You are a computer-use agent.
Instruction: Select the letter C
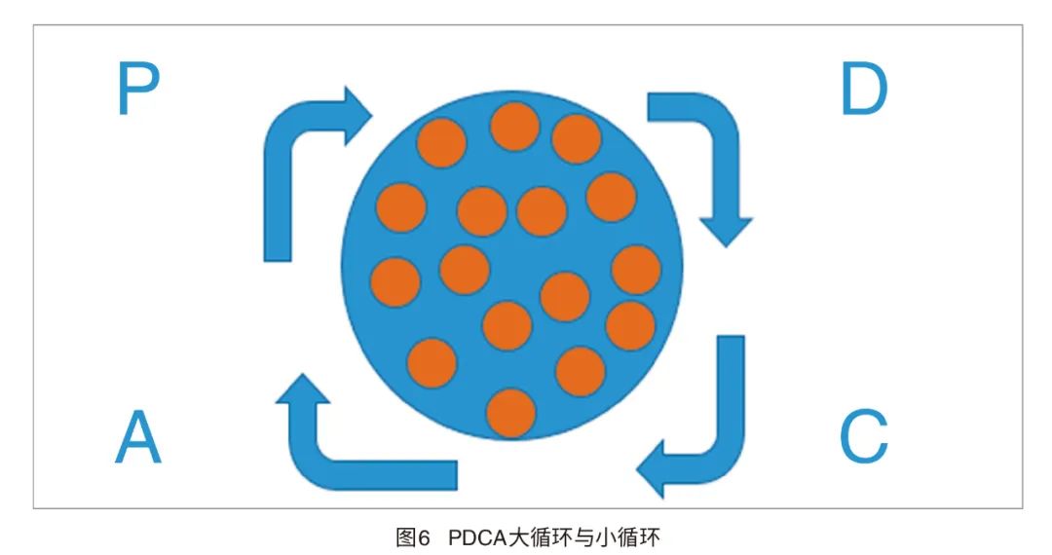[x=863, y=436]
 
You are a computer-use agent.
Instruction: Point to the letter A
[x=137, y=436]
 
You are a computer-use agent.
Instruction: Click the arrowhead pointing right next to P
[x=356, y=114]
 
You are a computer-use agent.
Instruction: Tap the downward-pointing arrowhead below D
[x=726, y=230]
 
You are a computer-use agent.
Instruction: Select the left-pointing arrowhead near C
[x=655, y=468]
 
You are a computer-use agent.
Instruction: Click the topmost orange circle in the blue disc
[x=514, y=127]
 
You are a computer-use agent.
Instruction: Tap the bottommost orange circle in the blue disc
[x=510, y=413]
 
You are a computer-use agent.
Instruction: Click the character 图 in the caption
[x=406, y=537]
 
